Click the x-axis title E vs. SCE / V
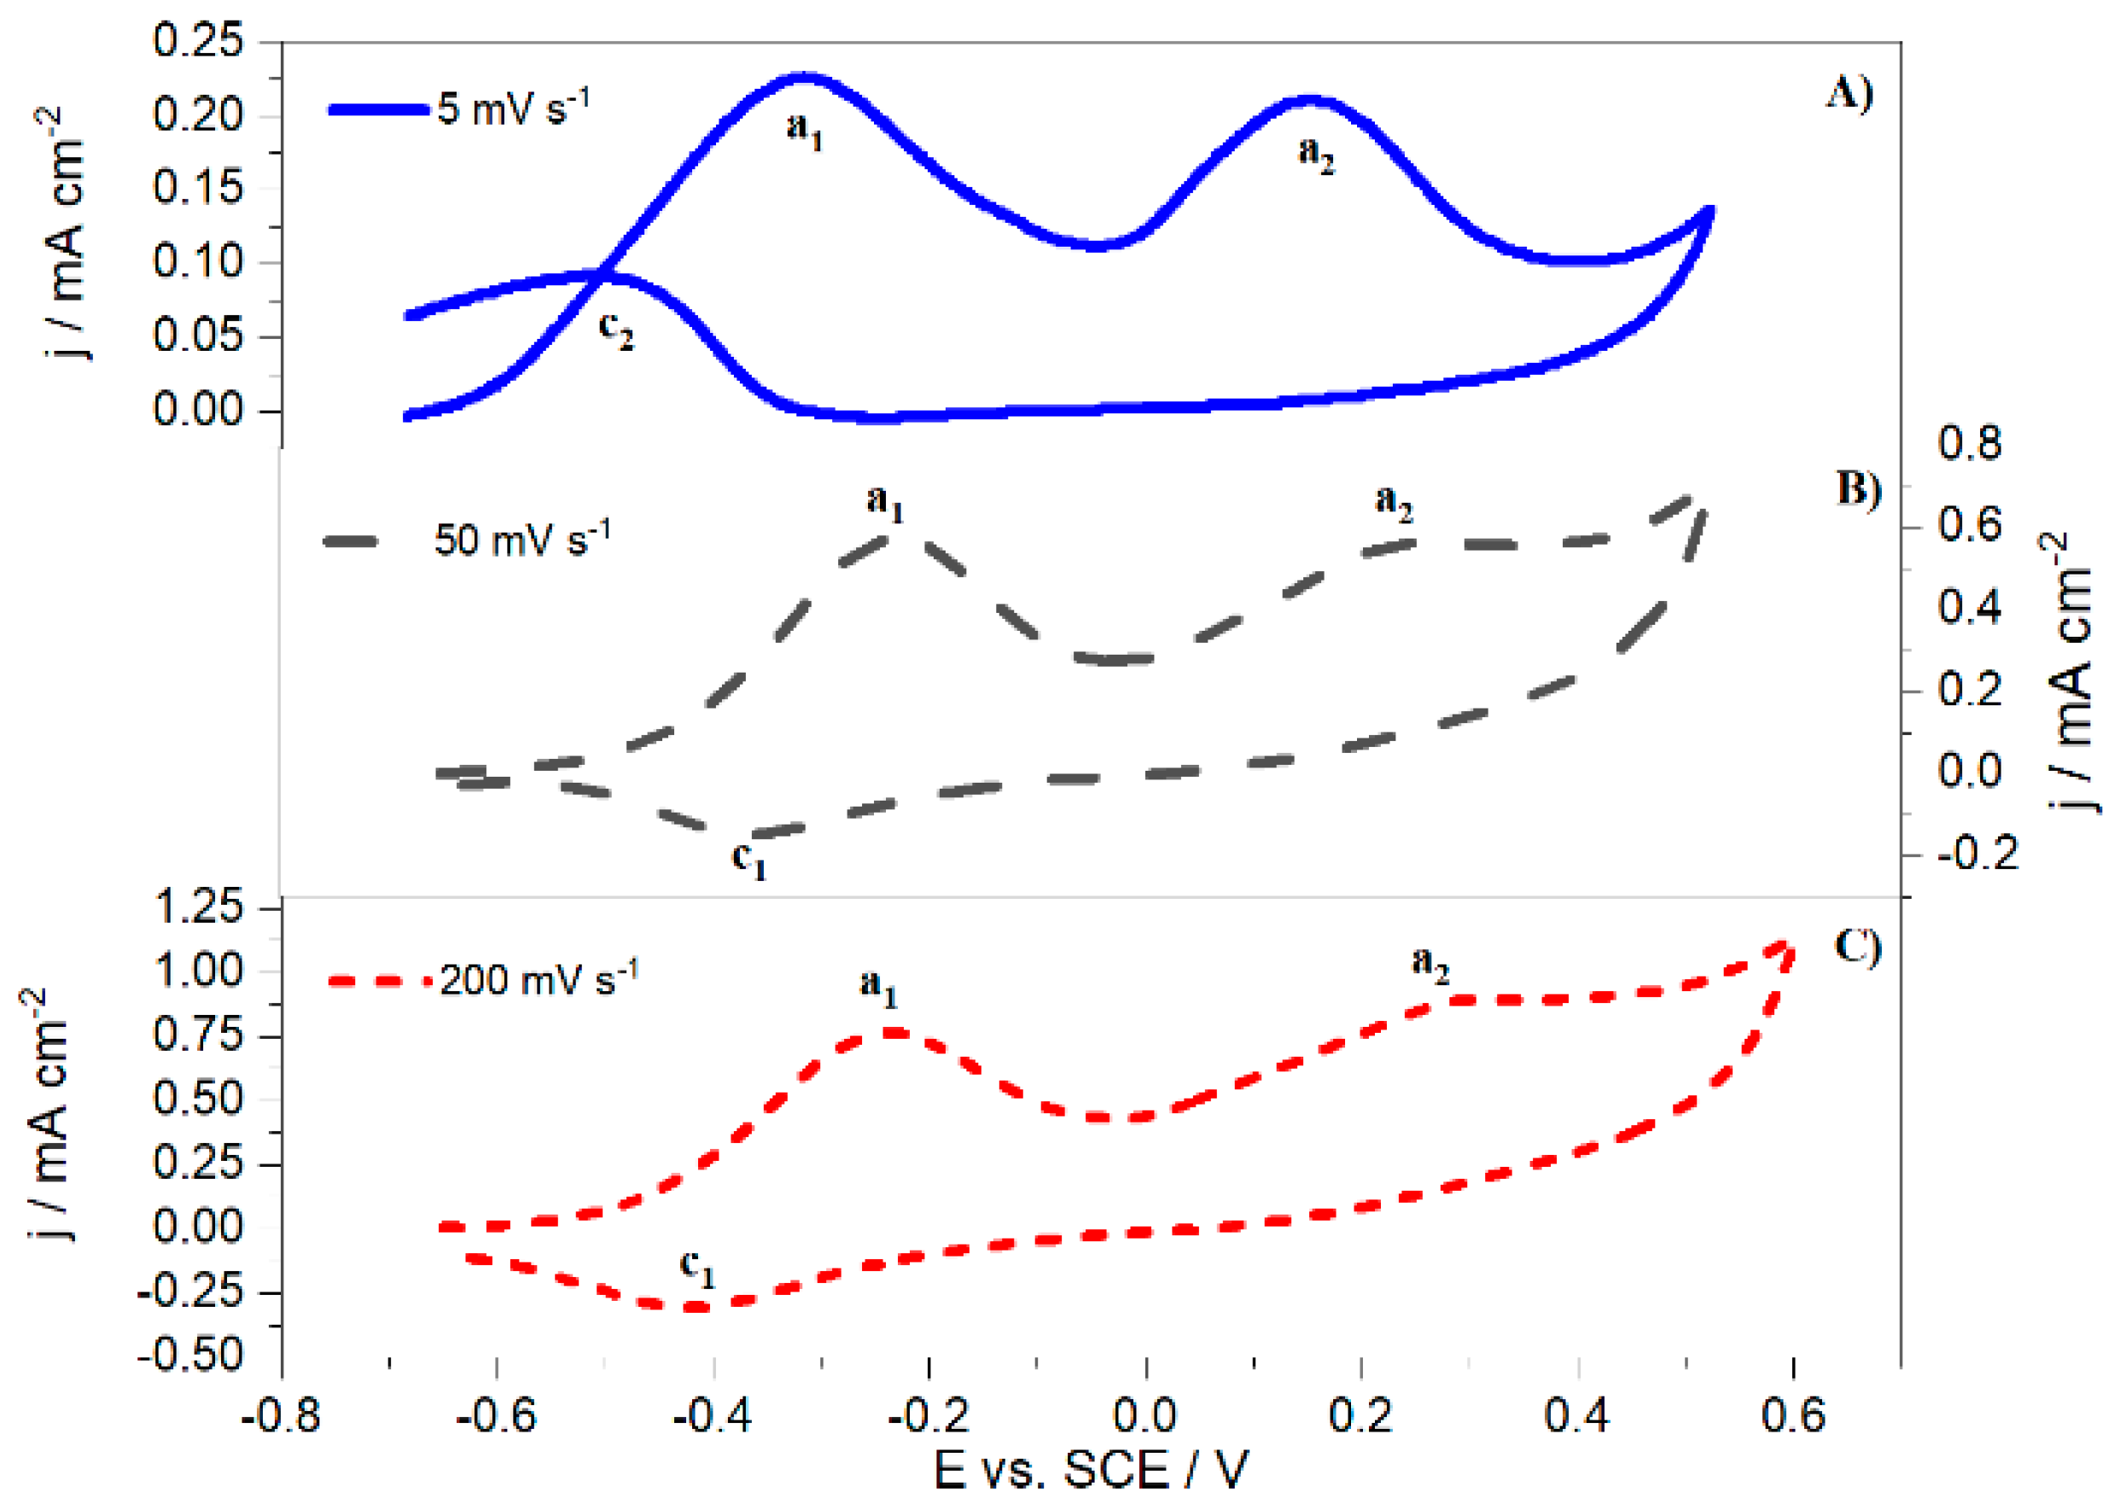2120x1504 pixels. point(1092,1470)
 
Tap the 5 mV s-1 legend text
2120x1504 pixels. point(512,108)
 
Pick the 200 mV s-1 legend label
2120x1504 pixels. point(538,979)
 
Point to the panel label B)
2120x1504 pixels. point(1858,490)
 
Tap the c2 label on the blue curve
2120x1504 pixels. point(615,329)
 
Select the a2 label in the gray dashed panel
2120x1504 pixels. point(1393,503)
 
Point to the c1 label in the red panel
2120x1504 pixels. point(697,1266)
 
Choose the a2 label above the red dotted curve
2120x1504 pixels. point(1430,964)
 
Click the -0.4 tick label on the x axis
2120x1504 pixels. point(712,1416)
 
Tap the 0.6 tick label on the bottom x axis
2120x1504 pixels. point(1792,1416)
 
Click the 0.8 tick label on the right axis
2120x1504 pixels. point(1969,444)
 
